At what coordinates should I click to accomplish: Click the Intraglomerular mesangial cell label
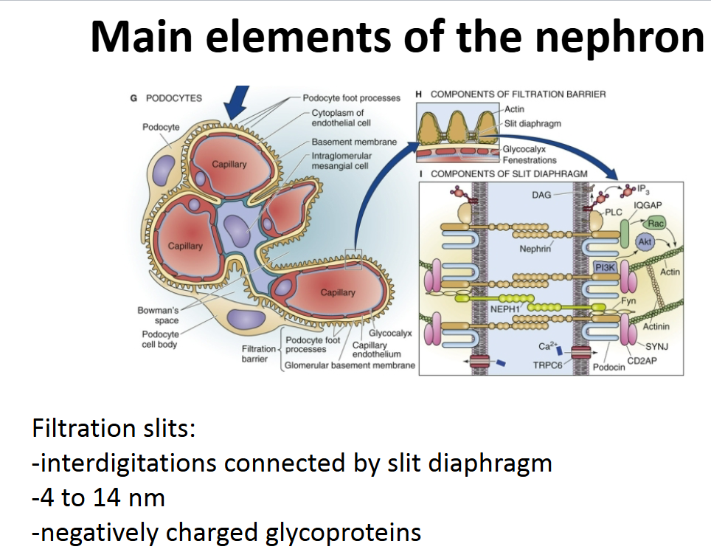[x=341, y=161]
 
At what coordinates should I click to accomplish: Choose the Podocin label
[x=608, y=367]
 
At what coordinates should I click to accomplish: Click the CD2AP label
[x=642, y=360]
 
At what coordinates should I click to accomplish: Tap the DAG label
[x=541, y=195]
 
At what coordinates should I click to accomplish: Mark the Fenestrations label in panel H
[x=530, y=159]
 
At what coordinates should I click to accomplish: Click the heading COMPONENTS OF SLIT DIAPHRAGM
[x=508, y=174]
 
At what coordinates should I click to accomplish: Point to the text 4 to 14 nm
[x=98, y=498]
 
